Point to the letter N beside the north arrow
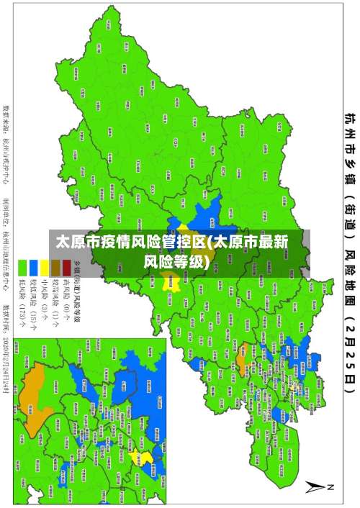pyautogui.click(x=331, y=486)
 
